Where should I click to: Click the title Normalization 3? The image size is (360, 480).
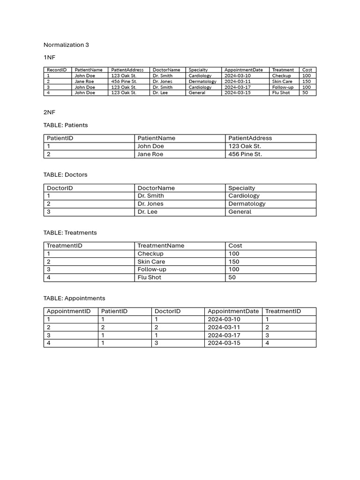click(x=66, y=45)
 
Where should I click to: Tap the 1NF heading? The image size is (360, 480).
click(x=49, y=57)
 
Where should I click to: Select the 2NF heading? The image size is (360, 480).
click(x=49, y=112)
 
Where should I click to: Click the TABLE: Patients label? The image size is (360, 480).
click(x=66, y=125)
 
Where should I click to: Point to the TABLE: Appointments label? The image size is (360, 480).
click(x=74, y=298)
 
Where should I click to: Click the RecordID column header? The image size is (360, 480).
click(x=57, y=70)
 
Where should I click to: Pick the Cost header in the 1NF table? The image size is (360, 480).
click(x=307, y=70)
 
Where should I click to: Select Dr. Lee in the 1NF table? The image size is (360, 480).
click(x=160, y=93)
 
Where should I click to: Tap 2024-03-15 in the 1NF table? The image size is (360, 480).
click(x=237, y=93)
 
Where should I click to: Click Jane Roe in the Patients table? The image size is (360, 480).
click(x=150, y=154)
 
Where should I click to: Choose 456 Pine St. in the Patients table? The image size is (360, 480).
click(x=245, y=154)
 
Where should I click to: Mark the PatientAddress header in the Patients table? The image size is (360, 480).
click(x=250, y=138)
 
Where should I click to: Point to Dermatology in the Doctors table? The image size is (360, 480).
click(x=247, y=204)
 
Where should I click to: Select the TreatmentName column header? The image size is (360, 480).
click(x=161, y=246)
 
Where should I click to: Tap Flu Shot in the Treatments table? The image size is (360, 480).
click(x=149, y=277)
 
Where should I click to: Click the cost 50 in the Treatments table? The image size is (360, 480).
click(x=232, y=277)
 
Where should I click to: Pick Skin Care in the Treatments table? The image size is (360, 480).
click(x=151, y=262)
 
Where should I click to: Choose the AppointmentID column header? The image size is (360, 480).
click(x=68, y=311)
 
